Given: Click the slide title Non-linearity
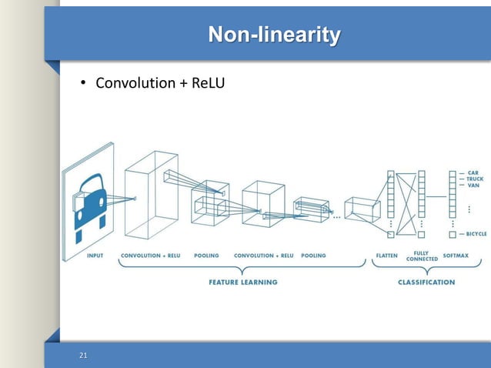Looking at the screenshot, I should [x=275, y=35].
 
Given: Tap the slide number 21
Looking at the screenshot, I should [x=83, y=355].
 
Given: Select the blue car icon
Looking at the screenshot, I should [x=89, y=202].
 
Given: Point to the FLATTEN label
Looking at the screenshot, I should [x=386, y=256].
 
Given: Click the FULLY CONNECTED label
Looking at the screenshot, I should [x=422, y=256].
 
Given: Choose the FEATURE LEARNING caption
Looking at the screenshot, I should [x=242, y=283].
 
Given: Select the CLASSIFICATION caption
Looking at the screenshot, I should [x=426, y=283].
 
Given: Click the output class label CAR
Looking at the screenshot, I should [x=473, y=172].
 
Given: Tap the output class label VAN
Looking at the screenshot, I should [x=473, y=186].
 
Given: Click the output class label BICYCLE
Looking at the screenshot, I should [x=477, y=233].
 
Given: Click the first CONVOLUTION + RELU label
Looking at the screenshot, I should [x=151, y=256].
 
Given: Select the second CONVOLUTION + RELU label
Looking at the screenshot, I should [x=264, y=256].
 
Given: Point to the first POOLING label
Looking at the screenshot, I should [x=206, y=256].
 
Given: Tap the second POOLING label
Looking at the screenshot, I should [x=313, y=256].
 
